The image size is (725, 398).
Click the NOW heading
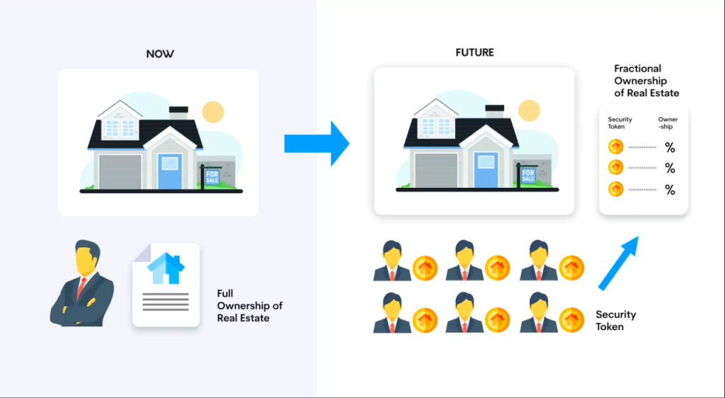click(159, 54)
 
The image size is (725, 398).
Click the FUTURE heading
click(474, 53)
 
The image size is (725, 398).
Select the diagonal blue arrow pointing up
click(618, 263)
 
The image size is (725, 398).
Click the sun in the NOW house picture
click(212, 112)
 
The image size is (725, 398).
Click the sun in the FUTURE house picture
click(528, 110)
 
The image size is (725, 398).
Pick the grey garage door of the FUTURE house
click(436, 171)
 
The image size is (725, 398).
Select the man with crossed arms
click(82, 284)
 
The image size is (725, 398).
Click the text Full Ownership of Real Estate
click(249, 306)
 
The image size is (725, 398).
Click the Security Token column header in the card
click(620, 123)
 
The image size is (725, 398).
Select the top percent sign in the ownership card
click(669, 147)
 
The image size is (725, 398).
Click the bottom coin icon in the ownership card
click(616, 189)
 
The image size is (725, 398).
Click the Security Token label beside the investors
click(615, 320)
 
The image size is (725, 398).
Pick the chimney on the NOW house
click(178, 112)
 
